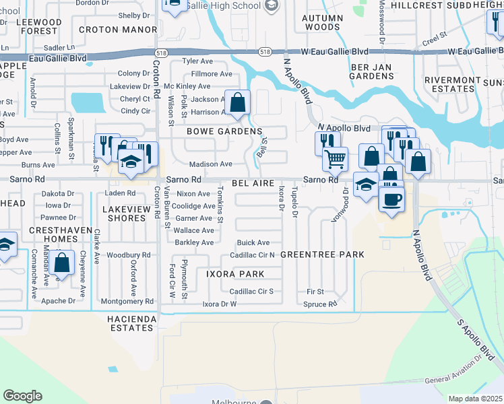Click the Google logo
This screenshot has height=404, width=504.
[x=22, y=396]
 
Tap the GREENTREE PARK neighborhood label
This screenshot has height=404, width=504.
[x=322, y=255]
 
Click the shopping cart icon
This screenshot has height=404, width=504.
[x=335, y=159]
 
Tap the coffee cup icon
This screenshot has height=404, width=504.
[x=391, y=199]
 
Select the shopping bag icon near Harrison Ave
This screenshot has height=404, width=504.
[x=237, y=102]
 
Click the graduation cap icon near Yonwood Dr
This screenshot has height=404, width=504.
[x=366, y=184]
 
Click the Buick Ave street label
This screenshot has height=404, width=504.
[x=253, y=242]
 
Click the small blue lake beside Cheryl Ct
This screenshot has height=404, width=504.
[x=88, y=102]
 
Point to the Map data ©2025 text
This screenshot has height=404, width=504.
[x=475, y=399]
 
